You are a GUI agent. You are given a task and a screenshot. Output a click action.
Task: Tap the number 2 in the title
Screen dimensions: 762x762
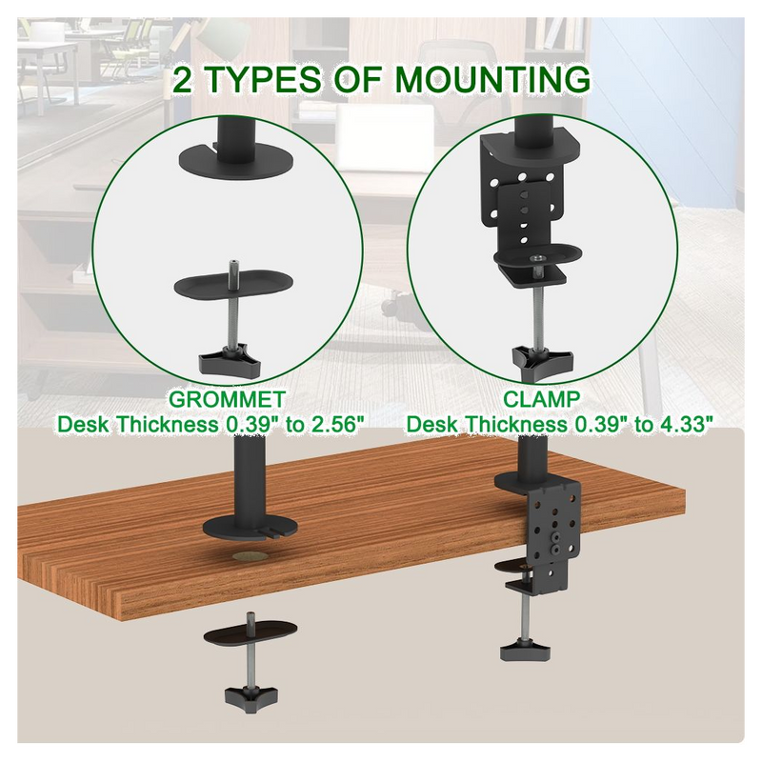click(x=184, y=81)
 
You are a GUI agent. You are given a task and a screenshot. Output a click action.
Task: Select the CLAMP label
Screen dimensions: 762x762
click(x=542, y=398)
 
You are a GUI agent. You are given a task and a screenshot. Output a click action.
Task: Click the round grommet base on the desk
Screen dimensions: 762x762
click(x=250, y=525)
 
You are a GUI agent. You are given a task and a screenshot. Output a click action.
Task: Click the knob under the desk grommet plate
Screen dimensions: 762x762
click(x=250, y=696)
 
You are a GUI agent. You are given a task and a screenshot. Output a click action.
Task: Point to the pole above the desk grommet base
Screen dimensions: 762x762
click(x=251, y=471)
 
